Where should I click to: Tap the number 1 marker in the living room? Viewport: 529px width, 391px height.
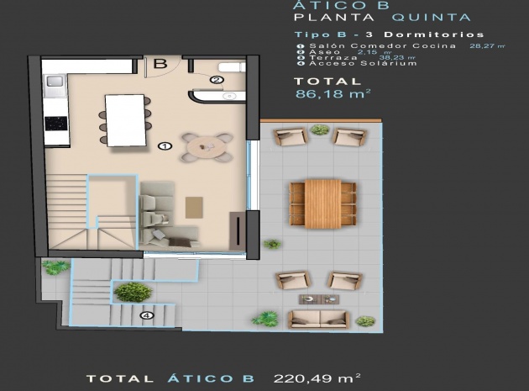[165, 145]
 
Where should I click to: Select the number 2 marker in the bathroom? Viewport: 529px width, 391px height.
[216, 80]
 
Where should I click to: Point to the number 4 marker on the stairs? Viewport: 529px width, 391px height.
[148, 316]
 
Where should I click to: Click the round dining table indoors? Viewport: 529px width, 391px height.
[207, 146]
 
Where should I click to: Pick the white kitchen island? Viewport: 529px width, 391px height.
[126, 119]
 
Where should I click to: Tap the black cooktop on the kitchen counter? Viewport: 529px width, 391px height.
[55, 123]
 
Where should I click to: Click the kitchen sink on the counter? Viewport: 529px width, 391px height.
[55, 82]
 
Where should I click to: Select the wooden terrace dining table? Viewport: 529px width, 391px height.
[323, 203]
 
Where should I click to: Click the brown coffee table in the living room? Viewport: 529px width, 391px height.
[194, 204]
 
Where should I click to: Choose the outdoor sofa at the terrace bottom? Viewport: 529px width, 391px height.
[318, 319]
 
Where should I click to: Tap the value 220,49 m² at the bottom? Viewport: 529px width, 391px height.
[317, 379]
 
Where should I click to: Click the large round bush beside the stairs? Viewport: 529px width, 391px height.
[133, 292]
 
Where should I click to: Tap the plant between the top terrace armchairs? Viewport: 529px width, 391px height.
[319, 130]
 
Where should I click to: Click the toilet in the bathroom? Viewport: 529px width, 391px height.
[226, 67]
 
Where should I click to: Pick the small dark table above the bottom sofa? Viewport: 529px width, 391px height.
[317, 299]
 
